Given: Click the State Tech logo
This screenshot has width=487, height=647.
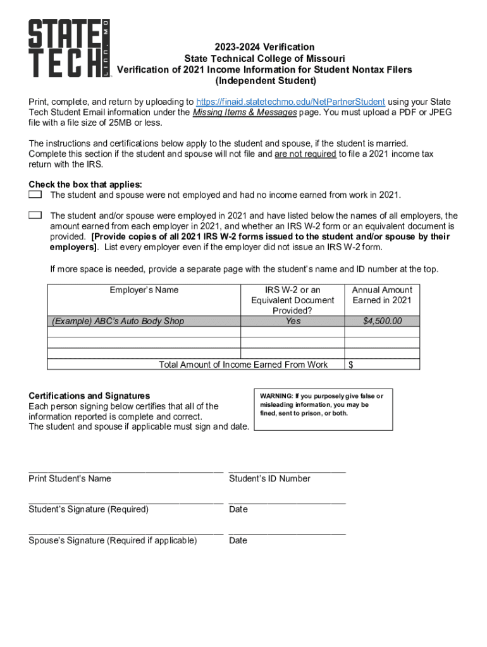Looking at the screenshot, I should coord(68,49).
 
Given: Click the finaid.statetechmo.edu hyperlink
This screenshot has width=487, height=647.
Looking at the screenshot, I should coord(290,102).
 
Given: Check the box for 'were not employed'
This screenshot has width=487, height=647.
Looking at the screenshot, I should coord(35,194).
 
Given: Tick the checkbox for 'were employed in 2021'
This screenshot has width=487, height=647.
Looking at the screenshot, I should coord(35,215).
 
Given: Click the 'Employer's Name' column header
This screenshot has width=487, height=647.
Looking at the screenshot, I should coord(144,290).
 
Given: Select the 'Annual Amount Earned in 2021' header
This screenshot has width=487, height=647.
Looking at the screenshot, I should coord(382,295).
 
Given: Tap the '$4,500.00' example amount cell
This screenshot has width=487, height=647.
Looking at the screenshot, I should coord(382,321).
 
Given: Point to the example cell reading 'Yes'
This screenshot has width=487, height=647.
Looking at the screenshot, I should coord(293,321).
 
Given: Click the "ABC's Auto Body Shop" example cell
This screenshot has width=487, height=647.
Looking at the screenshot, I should coord(118,321).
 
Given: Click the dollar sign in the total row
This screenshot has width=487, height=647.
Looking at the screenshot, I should coord(351,365).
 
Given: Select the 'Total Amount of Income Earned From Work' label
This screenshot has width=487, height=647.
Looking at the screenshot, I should coord(244,365).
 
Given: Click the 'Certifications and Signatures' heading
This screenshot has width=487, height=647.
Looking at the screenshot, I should coord(89,396).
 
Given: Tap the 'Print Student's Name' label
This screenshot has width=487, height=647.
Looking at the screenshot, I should coord(70,478).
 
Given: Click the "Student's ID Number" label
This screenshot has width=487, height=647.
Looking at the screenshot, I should coord(269,478).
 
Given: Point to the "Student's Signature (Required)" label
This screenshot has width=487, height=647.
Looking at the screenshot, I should coord(89,509).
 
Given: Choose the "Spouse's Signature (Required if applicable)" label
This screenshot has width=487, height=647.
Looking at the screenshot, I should coord(113,540).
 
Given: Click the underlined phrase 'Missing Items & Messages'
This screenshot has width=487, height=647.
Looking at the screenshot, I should coord(245,112).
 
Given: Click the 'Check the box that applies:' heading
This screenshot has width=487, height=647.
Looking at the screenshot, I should coord(85,184).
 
